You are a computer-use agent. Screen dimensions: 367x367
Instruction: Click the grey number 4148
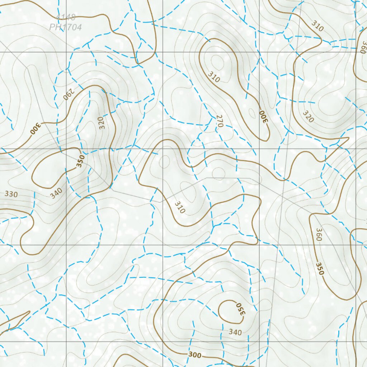pos(66,17)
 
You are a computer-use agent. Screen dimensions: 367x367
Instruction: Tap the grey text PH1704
pos(66,27)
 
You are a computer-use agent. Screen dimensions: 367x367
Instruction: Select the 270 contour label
pos(220,121)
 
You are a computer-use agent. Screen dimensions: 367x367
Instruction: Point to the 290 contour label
pos(68,94)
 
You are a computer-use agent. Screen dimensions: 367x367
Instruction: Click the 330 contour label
pos(11,194)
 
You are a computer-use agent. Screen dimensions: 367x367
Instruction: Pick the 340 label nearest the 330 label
pos(57,193)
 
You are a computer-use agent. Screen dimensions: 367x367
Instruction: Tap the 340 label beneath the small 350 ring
pos(235,332)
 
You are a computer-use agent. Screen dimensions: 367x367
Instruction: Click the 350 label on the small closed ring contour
pos(240,309)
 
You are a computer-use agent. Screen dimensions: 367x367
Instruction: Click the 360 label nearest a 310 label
pos(363,47)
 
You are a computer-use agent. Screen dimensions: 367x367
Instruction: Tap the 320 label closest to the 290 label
pos(102,123)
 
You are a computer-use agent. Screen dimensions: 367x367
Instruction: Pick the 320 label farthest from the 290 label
pos(308,116)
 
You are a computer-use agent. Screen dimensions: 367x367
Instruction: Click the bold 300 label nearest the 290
pos(36,128)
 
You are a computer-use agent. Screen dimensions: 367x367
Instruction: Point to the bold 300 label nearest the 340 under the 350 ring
pos(195,355)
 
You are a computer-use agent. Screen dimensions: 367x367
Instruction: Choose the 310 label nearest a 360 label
pos(317,26)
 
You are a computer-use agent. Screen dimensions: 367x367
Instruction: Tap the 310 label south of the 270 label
pos(180,207)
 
